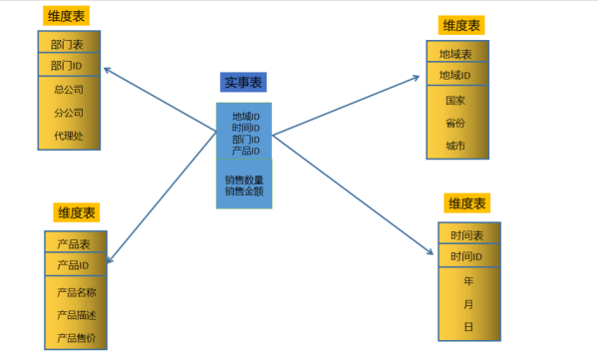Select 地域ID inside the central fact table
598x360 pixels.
245,117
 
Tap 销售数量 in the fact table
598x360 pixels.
244,180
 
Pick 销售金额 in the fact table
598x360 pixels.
244,190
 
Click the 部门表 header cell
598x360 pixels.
67,44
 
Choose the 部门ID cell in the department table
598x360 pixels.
67,66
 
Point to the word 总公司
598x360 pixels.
67,90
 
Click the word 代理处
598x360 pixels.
67,136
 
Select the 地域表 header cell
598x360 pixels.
455,54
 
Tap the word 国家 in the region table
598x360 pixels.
455,101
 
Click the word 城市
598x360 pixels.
455,146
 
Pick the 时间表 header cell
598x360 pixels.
466,236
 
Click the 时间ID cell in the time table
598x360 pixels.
466,257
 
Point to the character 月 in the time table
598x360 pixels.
468,303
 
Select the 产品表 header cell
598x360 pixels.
74,244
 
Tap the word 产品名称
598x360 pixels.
76,292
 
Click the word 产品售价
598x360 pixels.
76,337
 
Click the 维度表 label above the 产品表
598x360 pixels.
76,213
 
